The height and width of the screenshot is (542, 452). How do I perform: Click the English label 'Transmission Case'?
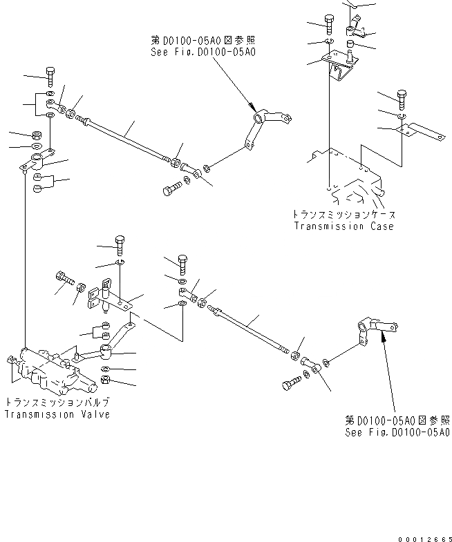coord(343,226)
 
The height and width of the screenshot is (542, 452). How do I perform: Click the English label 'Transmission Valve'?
coord(57,414)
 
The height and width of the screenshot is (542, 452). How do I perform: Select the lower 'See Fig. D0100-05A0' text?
coord(398,432)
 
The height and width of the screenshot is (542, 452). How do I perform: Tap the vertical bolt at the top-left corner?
coord(50,75)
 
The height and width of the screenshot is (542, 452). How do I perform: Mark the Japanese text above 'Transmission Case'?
coord(343,214)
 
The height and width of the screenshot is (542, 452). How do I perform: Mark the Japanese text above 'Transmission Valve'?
coord(57,403)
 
